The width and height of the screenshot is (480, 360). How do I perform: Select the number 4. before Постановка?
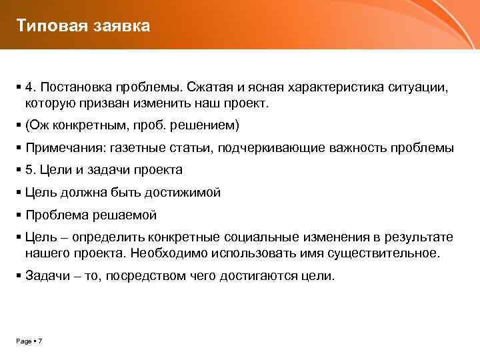[x=31, y=88]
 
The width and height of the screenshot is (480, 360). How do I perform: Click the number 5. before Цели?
[x=31, y=170]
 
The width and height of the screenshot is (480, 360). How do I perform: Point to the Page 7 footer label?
[x=29, y=341]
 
